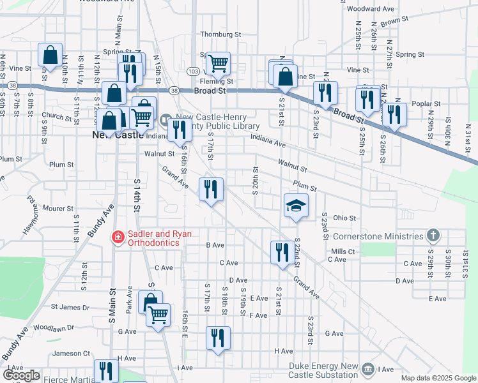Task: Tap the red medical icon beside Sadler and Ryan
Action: tap(117, 238)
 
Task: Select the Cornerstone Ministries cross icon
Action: tap(433, 236)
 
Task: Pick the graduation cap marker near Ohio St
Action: tap(296, 206)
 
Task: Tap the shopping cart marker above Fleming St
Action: tap(218, 63)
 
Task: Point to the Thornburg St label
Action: tap(220, 34)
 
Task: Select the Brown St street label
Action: tap(394, 22)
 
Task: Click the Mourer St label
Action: tap(58, 208)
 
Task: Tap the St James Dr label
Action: tap(70, 307)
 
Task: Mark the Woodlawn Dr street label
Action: tap(54, 327)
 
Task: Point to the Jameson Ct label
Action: tap(72, 353)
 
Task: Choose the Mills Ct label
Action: tap(343, 252)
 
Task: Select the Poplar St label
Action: tap(428, 103)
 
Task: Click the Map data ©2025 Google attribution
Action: tap(438, 379)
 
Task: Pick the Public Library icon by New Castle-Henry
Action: tap(166, 119)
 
